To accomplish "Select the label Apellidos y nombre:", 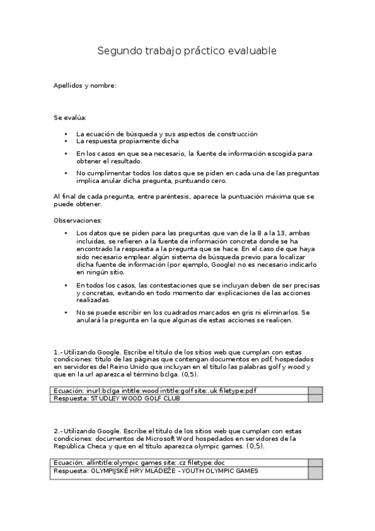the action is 85,85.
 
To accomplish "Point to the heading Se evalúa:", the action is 70,117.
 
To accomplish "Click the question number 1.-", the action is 58,351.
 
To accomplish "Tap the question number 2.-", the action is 58,431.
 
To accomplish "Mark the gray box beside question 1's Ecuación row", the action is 316,391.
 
